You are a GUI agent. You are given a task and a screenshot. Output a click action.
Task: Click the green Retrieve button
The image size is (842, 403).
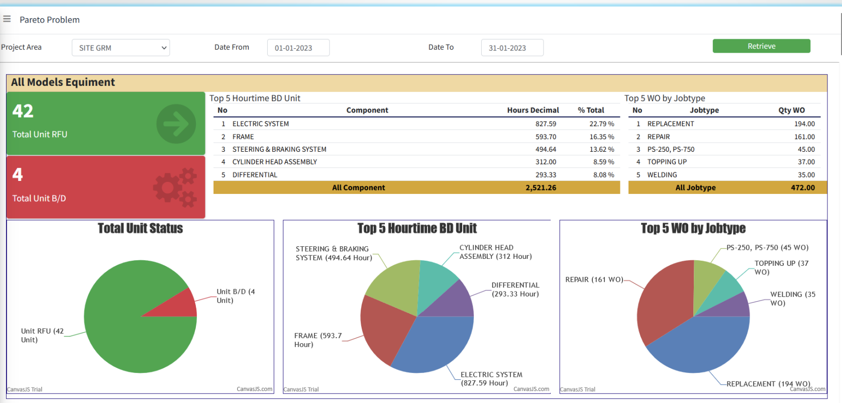(x=761, y=46)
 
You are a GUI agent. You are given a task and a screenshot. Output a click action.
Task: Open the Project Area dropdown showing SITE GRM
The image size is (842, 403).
(x=121, y=48)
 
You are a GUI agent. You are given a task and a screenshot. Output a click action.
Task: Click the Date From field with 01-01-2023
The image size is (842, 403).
(x=298, y=48)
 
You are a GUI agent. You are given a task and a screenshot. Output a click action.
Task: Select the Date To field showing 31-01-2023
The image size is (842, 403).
(x=512, y=48)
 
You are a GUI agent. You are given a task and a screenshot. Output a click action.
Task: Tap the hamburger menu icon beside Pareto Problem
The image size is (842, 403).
(x=7, y=19)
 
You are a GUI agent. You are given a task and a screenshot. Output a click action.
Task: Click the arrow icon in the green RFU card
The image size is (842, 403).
(x=176, y=124)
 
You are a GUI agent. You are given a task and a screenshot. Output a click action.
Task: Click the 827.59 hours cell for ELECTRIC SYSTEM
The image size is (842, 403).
(x=546, y=124)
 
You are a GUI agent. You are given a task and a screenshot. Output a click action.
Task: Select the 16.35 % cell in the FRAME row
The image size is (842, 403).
(x=601, y=137)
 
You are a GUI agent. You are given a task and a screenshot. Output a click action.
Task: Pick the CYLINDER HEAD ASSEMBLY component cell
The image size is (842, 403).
(x=274, y=162)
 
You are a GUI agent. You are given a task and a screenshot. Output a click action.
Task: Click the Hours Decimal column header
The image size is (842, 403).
(x=533, y=110)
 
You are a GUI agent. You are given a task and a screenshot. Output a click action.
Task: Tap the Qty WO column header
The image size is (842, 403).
(x=791, y=110)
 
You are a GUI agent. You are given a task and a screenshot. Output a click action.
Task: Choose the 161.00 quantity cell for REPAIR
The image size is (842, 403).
(x=804, y=137)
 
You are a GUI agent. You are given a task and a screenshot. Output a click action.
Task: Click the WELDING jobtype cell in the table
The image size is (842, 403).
(x=662, y=175)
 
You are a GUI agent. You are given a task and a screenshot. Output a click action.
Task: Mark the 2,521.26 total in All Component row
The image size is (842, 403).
(x=541, y=187)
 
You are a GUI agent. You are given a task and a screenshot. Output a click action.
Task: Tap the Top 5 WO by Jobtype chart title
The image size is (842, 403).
(x=693, y=228)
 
